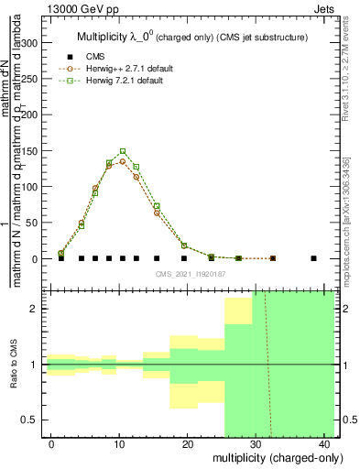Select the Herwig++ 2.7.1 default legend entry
tap(128, 69)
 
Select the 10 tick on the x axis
tap(119, 444)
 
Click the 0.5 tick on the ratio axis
tap(35, 420)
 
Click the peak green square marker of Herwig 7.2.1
tap(123, 151)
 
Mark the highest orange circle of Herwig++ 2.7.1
tap(123, 161)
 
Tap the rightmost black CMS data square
tap(314, 258)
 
